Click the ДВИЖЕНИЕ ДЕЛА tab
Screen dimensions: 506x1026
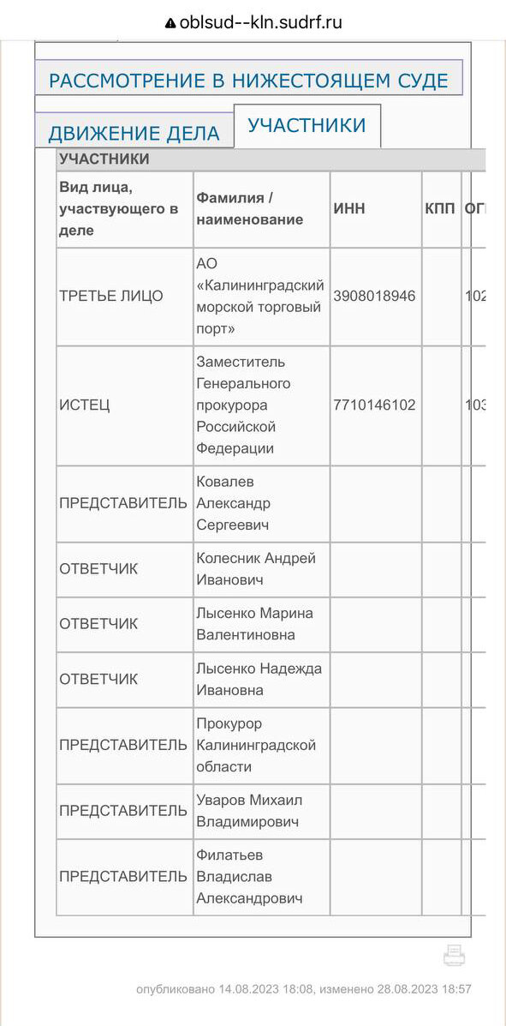(134, 133)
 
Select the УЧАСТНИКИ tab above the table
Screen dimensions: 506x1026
(307, 125)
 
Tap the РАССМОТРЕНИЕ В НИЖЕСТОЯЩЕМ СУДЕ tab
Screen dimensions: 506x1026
(248, 81)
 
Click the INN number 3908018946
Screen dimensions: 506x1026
(374, 296)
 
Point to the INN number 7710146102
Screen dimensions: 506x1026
(374, 405)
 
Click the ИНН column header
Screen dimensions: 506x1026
(349, 208)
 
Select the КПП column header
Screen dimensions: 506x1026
(440, 208)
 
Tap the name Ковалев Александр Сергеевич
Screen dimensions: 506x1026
(233, 503)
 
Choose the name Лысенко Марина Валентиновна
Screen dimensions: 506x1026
(254, 623)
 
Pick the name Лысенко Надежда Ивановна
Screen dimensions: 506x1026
(259, 679)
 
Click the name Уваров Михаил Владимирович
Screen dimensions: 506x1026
(249, 811)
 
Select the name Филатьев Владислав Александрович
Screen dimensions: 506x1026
(249, 876)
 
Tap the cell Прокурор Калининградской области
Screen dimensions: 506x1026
(256, 745)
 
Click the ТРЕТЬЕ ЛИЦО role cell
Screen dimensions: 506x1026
(110, 296)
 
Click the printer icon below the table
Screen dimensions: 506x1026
(454, 955)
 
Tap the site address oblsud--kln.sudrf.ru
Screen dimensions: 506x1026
(260, 23)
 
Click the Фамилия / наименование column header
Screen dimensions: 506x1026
(249, 208)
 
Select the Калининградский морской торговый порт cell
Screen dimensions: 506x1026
(259, 296)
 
